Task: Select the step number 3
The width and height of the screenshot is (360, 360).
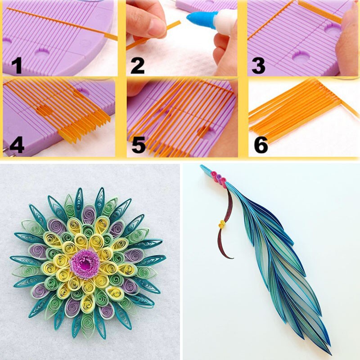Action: pyautogui.click(x=258, y=65)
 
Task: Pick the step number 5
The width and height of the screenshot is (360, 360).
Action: pyautogui.click(x=137, y=145)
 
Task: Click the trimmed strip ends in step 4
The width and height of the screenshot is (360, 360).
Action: pyautogui.click(x=85, y=128)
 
